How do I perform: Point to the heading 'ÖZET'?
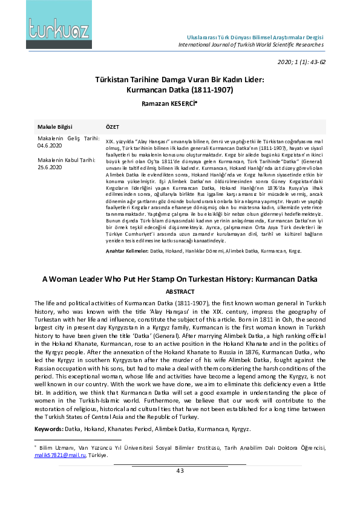(113, 127)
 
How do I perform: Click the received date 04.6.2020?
(50, 145)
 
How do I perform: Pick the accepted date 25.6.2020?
(50, 167)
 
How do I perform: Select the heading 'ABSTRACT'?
(180, 291)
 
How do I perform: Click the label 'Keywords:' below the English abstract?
(48, 429)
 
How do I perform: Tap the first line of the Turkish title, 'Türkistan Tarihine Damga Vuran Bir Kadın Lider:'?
(180, 79)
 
